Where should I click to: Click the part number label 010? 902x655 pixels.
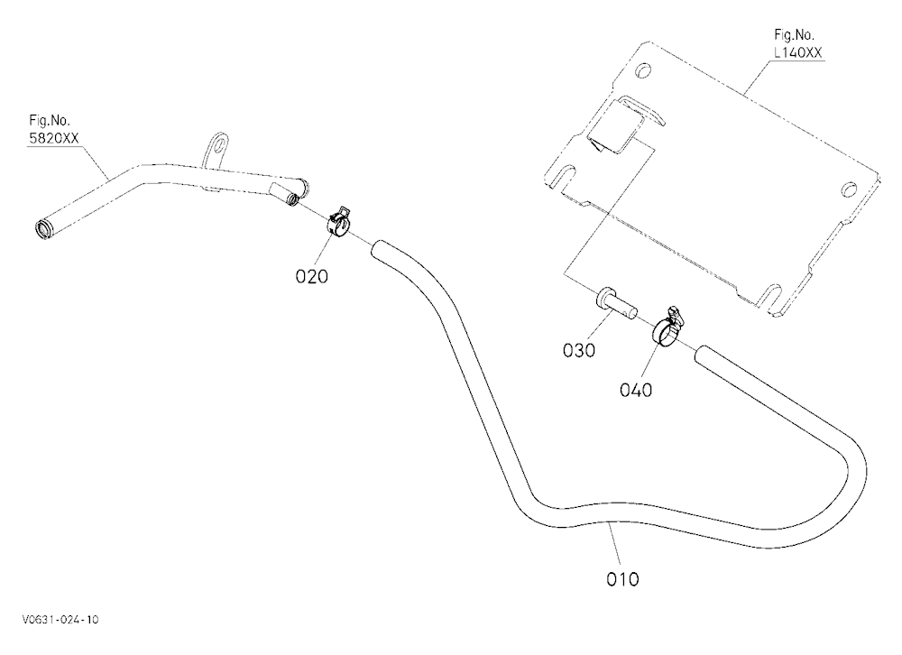tap(622, 578)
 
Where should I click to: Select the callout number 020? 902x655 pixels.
tap(311, 276)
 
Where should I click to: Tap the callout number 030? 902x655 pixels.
tap(579, 350)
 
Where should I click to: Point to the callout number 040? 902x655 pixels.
tap(636, 391)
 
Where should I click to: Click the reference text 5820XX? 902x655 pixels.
tap(54, 138)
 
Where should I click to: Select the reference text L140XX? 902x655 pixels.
tap(798, 52)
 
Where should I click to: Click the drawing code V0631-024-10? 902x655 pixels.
tap(60, 619)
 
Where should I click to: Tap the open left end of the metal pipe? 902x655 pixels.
tap(43, 228)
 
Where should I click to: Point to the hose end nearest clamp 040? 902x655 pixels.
tap(703, 355)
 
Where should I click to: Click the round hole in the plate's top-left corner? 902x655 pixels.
tap(643, 70)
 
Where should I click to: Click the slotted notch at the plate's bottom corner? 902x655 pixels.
tap(774, 298)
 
